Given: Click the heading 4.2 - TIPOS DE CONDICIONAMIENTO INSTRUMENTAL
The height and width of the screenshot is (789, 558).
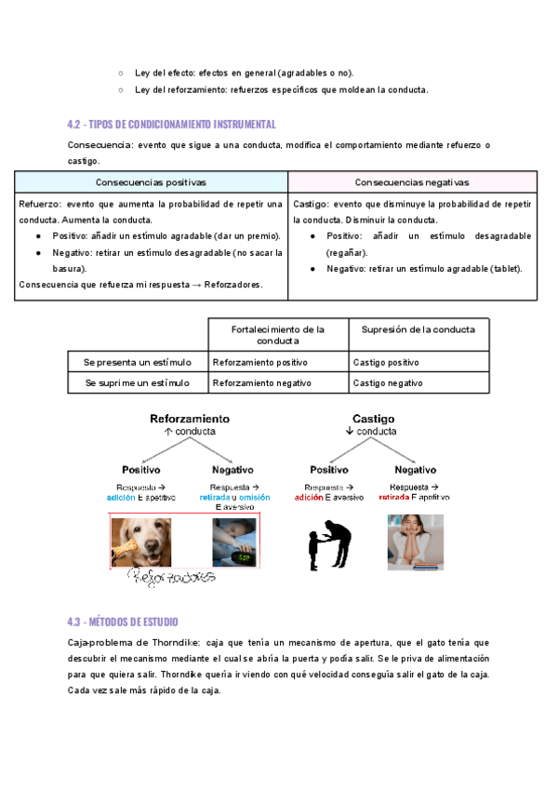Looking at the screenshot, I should point(172,125).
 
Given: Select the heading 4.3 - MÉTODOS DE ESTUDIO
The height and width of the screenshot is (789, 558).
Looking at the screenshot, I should point(123,622).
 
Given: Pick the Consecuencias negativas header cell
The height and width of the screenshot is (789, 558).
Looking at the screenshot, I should point(412,182).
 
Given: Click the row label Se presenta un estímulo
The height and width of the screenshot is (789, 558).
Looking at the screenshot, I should point(137,362).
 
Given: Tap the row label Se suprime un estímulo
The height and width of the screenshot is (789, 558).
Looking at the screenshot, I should point(137,382).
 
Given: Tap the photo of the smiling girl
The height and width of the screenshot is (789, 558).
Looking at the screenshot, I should point(416,542).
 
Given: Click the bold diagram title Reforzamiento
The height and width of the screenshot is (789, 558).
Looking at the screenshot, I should point(190,419).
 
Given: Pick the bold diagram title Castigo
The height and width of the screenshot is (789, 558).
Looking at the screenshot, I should point(373,419).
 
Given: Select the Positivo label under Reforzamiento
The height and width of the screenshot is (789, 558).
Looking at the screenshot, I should point(144,470).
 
